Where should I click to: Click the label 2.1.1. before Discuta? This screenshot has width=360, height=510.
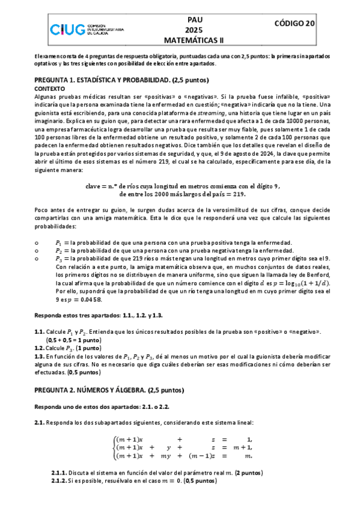coord(61,472)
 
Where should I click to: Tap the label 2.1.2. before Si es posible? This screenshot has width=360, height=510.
coord(61,481)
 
